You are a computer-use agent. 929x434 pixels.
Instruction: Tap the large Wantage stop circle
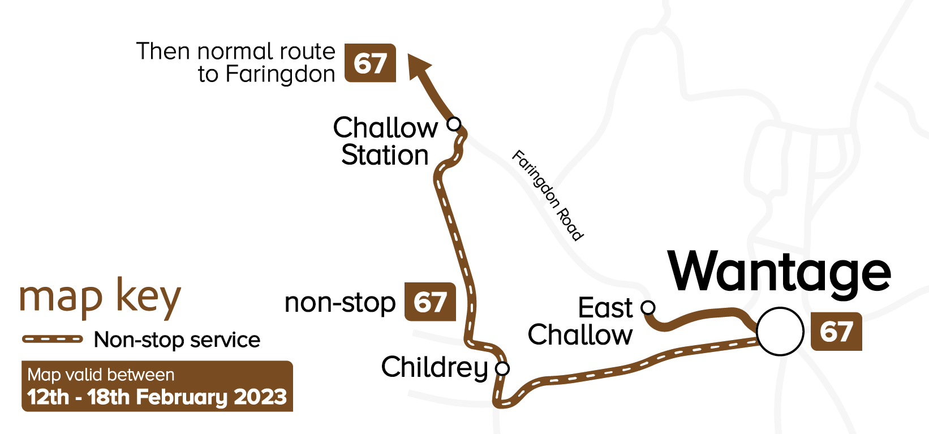point(780,332)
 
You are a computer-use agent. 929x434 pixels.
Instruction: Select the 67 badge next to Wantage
point(836,332)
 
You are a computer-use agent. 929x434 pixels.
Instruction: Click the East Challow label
point(580,321)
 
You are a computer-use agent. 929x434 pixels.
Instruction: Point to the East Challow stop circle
point(648,307)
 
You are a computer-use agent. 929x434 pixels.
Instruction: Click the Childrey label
point(434,368)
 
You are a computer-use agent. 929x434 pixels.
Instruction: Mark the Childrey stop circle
point(502,368)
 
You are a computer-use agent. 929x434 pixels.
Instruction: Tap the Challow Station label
point(385,141)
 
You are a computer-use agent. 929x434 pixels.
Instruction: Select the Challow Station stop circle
point(454,123)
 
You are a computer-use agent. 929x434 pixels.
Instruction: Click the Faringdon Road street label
point(547,195)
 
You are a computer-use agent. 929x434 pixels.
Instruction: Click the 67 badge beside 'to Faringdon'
point(370,63)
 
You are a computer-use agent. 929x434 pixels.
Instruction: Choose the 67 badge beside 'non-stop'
point(430,302)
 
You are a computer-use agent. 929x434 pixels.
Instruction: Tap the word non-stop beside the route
point(339,303)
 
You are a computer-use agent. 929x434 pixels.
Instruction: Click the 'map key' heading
point(100,298)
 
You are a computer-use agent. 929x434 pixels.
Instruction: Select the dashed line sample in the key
point(53,339)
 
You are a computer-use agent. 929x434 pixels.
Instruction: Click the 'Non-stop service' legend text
point(177,340)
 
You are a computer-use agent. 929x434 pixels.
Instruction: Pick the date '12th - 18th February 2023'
point(157,397)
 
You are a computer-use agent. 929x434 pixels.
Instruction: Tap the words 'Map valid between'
point(101,375)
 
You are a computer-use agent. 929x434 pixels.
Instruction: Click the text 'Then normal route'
point(236,51)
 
